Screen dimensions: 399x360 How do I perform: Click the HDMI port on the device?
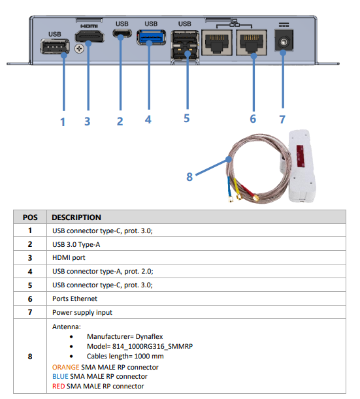[x=89, y=38]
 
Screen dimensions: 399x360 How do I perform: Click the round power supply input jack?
[x=284, y=43]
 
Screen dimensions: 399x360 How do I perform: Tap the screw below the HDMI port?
[x=79, y=48]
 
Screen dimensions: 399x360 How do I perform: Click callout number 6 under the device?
[x=253, y=119]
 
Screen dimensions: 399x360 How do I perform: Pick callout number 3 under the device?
[x=87, y=121]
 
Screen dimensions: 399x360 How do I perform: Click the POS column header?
[x=31, y=217]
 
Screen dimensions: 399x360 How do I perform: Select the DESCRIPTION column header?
[x=76, y=217]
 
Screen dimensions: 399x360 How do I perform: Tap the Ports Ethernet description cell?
[x=75, y=298]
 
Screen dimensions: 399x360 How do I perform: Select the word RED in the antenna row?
[x=59, y=386]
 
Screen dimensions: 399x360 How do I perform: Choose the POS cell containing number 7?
[x=31, y=312]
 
